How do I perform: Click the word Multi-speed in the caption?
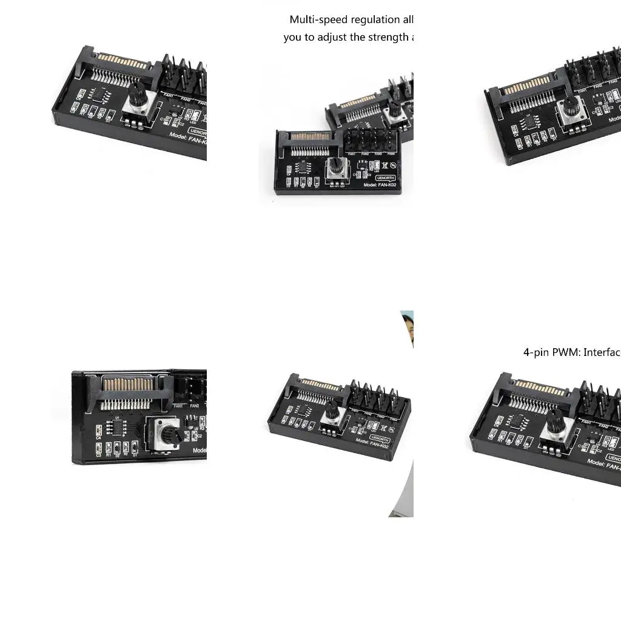pos(318,20)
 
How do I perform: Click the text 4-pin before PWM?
pos(536,352)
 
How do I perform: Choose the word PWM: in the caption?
pos(566,352)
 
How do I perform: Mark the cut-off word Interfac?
pos(602,352)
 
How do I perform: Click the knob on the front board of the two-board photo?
pos(337,166)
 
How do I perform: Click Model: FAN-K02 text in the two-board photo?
pos(379,184)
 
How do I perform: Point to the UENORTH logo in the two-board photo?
pos(384,177)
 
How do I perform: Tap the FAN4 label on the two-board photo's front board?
pos(391,154)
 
